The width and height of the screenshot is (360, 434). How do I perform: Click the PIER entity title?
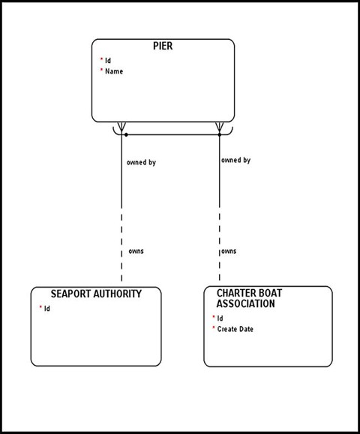(x=163, y=46)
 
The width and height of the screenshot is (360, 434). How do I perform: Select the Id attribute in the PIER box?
(x=108, y=60)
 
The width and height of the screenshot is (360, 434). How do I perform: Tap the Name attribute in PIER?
(x=114, y=71)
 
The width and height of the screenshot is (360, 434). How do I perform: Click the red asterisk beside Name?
(x=101, y=71)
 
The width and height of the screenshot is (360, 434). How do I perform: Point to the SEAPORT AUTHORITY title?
(x=95, y=294)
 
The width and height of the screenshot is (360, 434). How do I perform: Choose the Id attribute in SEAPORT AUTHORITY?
(x=46, y=309)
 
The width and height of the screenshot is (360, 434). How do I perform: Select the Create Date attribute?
(x=235, y=329)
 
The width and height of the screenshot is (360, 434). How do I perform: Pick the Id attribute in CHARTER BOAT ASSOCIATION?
(x=220, y=318)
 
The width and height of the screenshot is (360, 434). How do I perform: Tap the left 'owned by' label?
(x=142, y=161)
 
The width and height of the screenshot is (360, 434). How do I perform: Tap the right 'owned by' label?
(x=235, y=160)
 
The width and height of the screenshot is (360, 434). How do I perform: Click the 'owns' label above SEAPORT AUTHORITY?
(x=136, y=251)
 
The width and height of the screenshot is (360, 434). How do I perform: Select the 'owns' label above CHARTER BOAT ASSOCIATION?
(x=229, y=251)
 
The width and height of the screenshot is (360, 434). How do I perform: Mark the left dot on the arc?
(x=126, y=135)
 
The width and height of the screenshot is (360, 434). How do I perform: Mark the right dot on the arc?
(x=220, y=135)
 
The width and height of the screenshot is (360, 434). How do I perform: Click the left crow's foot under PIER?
(x=121, y=127)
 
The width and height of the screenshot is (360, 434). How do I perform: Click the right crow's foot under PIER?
(x=220, y=127)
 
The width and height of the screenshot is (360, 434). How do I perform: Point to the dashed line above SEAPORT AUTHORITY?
(x=121, y=248)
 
